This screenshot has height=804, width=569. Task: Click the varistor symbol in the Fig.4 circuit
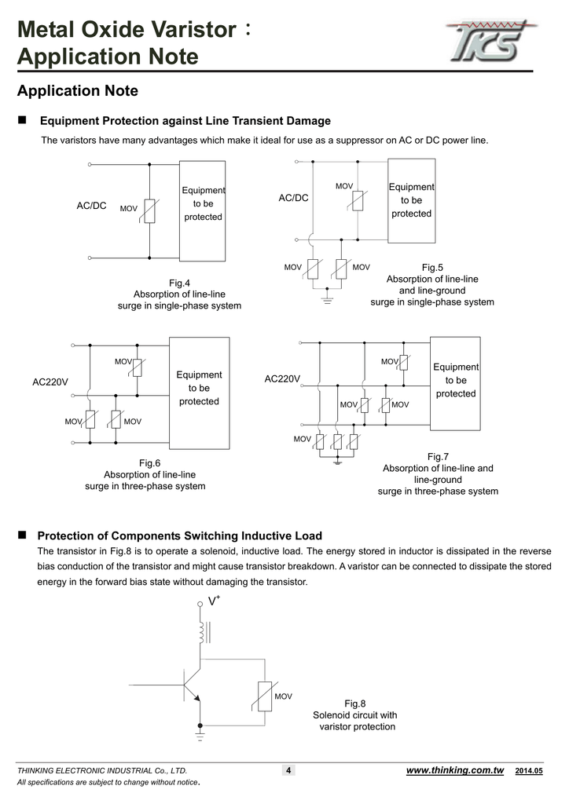coord(149,210)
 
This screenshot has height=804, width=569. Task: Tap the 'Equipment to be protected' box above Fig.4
coord(203,210)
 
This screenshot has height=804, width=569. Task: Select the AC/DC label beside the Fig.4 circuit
coord(91,206)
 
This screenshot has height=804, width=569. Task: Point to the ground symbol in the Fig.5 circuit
coord(326,298)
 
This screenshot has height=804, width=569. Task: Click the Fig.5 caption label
coord(432,268)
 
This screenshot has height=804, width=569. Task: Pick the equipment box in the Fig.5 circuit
coord(412,201)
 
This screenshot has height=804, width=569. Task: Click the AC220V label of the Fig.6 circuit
coord(50,382)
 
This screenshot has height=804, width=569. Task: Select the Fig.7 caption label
coord(438,456)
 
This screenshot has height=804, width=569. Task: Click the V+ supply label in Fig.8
coord(213,601)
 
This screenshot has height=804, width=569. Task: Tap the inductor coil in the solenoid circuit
coord(201,631)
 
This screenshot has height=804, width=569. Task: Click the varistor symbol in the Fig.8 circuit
coord(265,696)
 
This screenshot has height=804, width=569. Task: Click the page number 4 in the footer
coord(288,771)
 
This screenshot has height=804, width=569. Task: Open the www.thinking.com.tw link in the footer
coord(454,770)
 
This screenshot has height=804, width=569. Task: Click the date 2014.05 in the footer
coord(529,772)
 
